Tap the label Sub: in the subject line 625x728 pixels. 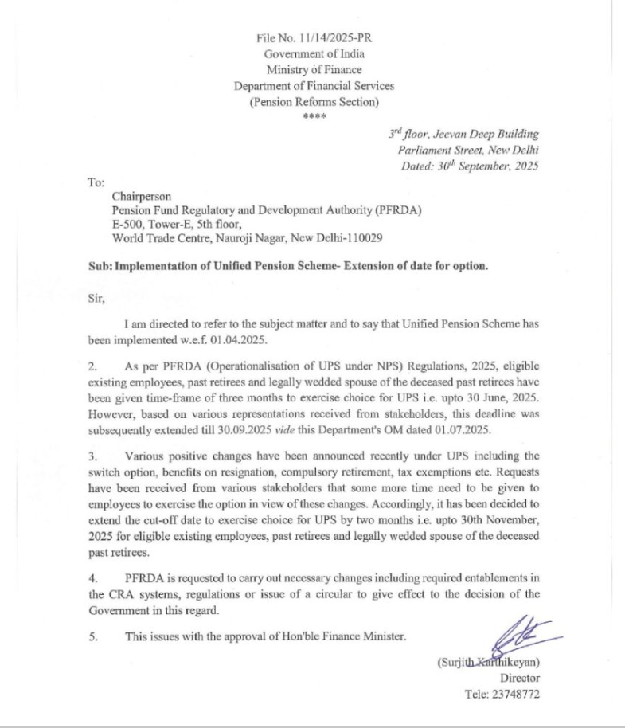(x=100, y=266)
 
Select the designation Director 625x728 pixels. (x=520, y=677)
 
